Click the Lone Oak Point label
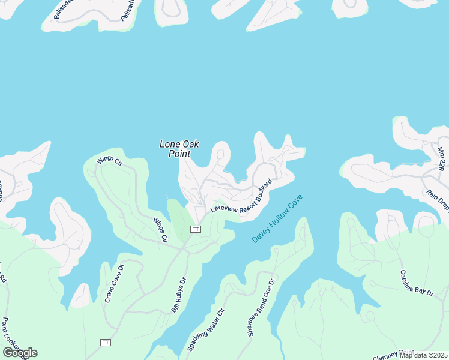[x=179, y=148]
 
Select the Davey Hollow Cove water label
[x=277, y=219]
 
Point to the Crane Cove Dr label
[x=114, y=283]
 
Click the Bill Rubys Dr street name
[x=179, y=294]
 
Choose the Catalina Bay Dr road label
[x=417, y=283]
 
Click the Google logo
[x=20, y=353]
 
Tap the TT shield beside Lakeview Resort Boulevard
[x=195, y=229]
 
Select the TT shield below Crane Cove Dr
[x=106, y=343]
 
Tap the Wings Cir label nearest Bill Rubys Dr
[x=160, y=230]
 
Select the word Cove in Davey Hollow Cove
[x=294, y=205]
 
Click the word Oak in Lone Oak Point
[x=190, y=144]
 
